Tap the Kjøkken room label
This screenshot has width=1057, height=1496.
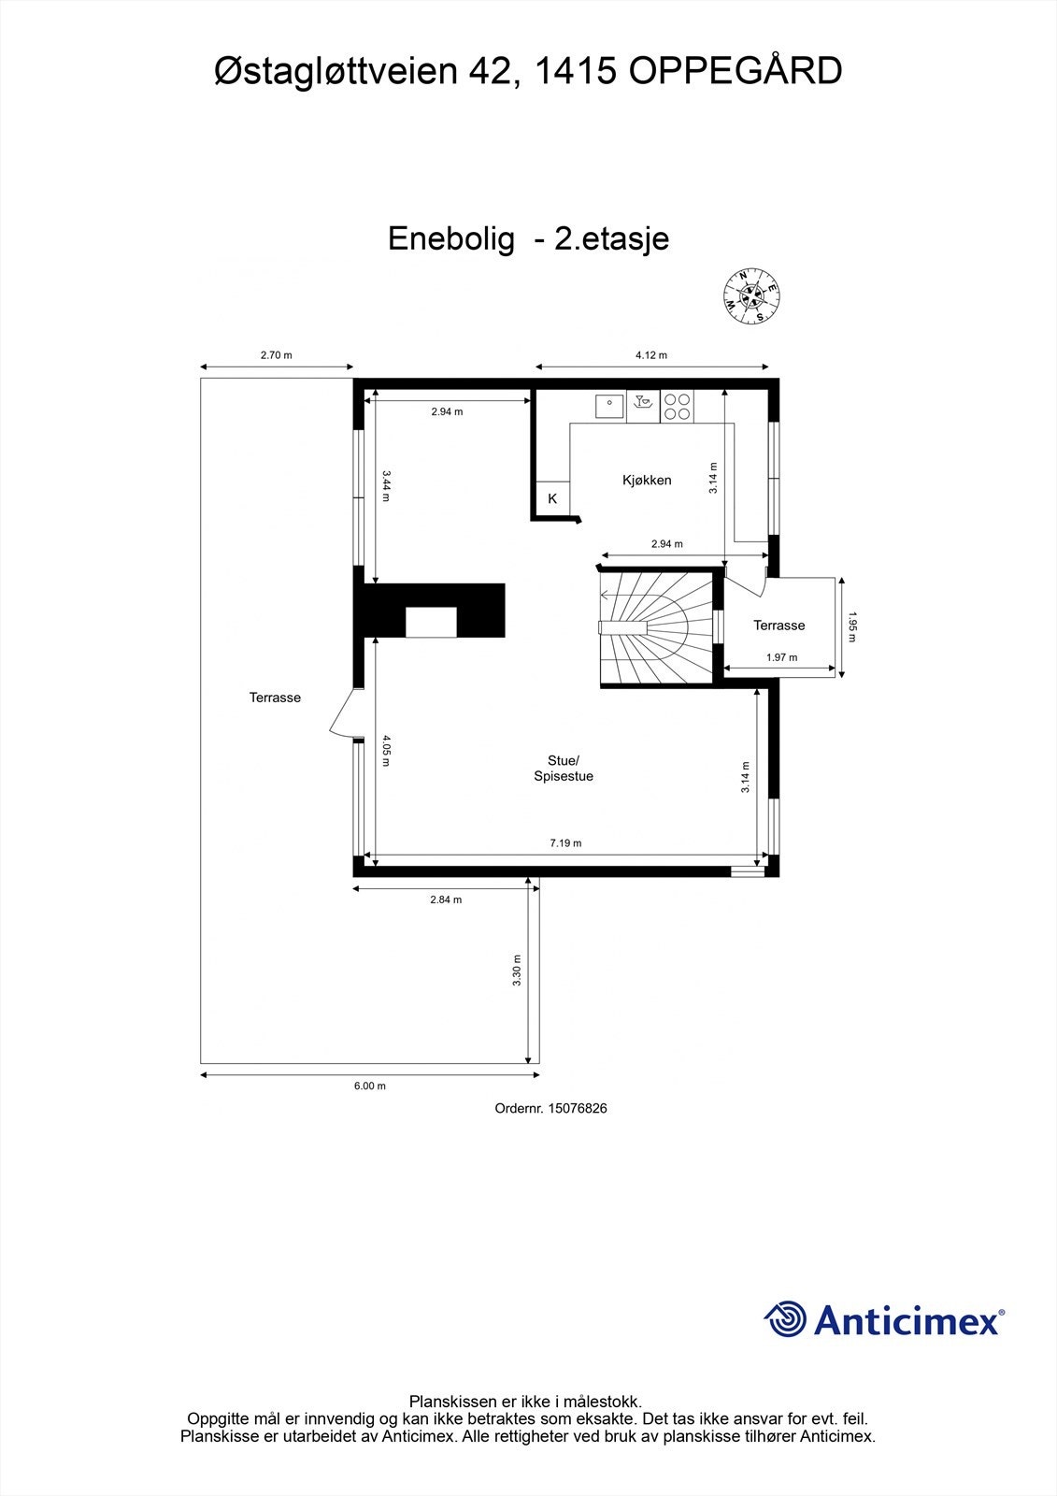647,480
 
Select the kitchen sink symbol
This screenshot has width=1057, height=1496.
609,406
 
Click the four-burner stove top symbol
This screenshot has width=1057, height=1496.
678,406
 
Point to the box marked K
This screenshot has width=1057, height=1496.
551,498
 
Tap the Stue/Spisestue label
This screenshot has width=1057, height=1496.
564,768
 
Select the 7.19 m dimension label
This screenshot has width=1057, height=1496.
565,842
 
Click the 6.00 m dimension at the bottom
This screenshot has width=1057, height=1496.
369,1086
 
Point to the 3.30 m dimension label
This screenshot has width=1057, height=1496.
517,971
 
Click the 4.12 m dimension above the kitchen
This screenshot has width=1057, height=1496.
650,354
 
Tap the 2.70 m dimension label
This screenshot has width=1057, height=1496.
276,354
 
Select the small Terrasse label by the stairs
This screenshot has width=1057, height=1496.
778,625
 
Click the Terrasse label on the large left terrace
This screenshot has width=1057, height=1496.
275,697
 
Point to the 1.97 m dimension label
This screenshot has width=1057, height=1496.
781,657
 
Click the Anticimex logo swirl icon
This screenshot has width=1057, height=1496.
785,1319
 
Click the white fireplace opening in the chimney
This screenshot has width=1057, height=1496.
431,621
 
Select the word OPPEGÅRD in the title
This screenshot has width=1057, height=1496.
735,71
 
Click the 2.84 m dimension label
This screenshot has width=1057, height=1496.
446,899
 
